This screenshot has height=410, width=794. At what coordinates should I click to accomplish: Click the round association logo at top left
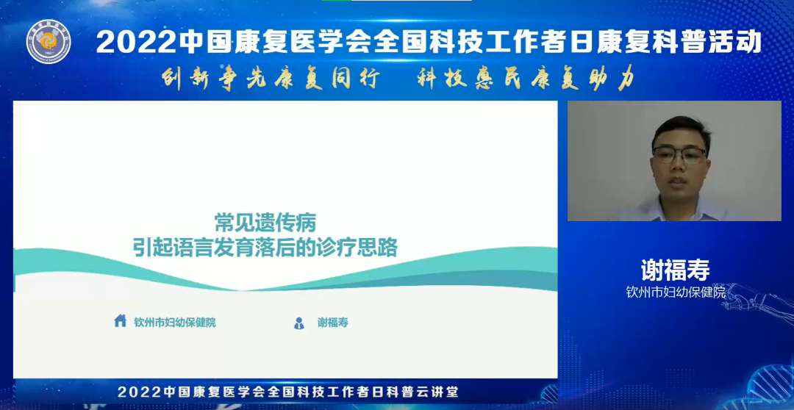49,41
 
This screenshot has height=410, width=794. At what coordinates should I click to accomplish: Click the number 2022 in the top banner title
137,42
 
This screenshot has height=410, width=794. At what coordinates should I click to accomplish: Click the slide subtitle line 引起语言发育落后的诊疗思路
265,248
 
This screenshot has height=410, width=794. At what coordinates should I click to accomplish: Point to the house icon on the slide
121,320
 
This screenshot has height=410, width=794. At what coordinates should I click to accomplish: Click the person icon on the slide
299,323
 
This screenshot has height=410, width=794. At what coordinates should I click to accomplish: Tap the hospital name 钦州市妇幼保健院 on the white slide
175,323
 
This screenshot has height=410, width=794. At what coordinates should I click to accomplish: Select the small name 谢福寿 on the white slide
333,323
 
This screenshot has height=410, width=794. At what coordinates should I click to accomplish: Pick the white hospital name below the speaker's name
676,292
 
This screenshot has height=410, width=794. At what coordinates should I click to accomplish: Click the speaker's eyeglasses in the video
679,155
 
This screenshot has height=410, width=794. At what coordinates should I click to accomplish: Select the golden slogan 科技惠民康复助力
526,79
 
